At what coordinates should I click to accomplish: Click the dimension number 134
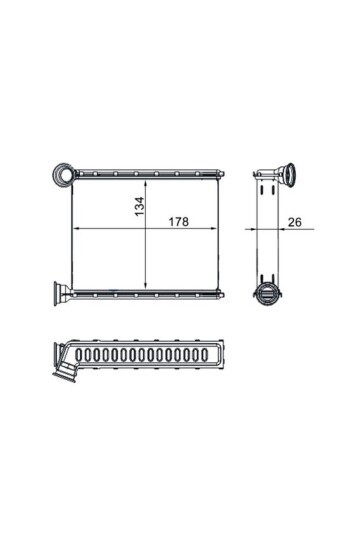click(140, 206)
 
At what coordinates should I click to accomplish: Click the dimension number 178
click(178, 222)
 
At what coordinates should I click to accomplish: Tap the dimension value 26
click(295, 222)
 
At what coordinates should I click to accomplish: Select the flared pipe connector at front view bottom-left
click(61, 293)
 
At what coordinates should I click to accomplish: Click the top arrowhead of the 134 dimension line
click(146, 184)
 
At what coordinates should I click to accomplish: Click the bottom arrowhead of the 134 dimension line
click(146, 284)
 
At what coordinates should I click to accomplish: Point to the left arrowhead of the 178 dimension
click(77, 228)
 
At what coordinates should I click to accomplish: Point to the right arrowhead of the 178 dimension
click(213, 228)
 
